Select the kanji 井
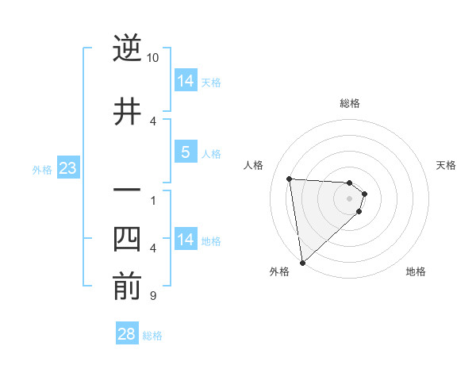tap(127, 111)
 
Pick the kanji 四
tap(127, 240)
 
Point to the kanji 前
tap(127, 287)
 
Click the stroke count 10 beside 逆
tap(153, 58)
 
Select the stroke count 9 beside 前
tap(152, 296)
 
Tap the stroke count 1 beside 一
tap(152, 200)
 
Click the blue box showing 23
tap(67, 168)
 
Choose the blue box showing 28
tap(127, 334)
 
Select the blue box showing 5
tap(185, 152)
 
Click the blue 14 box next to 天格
tap(185, 81)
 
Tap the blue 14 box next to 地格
tap(185, 240)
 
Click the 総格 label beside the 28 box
tap(152, 336)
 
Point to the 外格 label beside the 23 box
tap(41, 170)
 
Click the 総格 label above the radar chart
tap(349, 103)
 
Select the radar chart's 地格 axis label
tap(416, 271)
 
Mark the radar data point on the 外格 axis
tap(302, 262)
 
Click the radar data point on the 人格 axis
tap(289, 179)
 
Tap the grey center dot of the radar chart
tap(349, 198)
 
